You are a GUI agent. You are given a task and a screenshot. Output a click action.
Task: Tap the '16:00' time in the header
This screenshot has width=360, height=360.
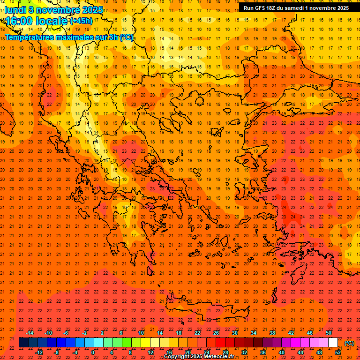pos(19,21)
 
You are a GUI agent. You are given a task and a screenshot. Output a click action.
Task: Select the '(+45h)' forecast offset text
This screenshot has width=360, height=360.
pos(81,21)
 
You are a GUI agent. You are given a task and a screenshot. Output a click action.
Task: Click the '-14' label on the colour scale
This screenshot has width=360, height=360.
pos(30,333)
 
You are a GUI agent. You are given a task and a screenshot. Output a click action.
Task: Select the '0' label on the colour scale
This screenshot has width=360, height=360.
pos(93,352)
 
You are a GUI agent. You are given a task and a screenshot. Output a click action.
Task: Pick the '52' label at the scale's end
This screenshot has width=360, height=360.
pos(338,352)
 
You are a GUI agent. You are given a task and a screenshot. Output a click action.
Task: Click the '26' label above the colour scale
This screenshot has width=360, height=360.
pos(216,333)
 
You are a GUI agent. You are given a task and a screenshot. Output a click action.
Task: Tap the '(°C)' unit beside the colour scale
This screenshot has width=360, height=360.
pos(349,343)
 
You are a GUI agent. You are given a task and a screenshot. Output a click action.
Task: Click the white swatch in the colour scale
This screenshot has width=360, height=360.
pos(333,343)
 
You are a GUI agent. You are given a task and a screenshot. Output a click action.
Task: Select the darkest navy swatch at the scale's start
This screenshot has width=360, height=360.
pos(23,343)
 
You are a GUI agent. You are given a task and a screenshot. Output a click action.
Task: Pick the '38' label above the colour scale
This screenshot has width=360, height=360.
pos(272,333)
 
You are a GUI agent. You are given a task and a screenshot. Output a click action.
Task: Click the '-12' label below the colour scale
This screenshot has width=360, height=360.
pos(39,352)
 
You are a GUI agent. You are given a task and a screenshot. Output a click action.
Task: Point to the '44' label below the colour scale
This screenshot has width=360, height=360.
pos(300,352)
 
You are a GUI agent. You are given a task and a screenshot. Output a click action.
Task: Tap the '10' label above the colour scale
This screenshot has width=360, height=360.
pos(141,333)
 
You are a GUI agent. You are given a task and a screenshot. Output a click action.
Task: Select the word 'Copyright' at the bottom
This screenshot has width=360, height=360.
pos(177,357)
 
